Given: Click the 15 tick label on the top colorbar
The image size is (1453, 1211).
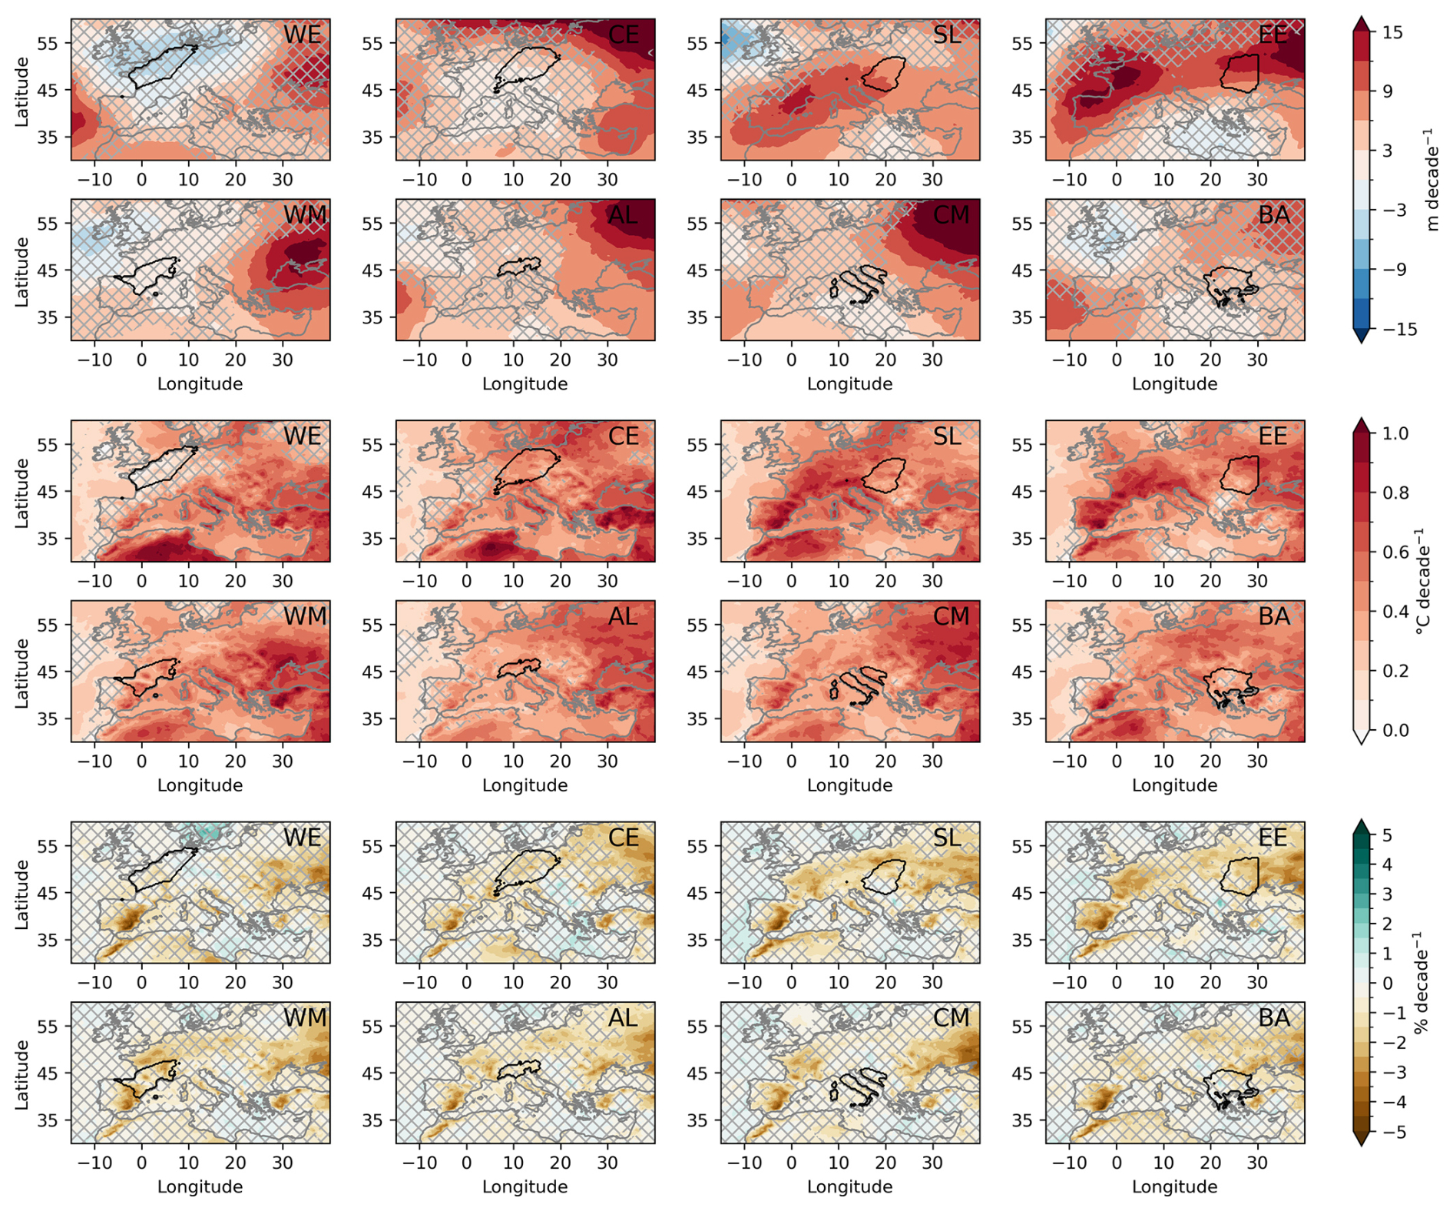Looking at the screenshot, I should tap(1392, 33).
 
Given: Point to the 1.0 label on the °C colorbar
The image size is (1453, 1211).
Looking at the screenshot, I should tap(1395, 434).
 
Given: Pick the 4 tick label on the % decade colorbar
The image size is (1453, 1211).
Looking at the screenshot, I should tap(1387, 865).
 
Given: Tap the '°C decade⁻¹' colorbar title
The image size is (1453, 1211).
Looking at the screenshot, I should tap(1422, 582).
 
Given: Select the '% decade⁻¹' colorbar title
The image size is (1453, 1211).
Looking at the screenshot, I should tap(1422, 984).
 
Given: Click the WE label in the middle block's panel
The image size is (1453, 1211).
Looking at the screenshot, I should tap(302, 436).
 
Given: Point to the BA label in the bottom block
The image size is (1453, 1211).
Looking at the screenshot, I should tap(1274, 1018).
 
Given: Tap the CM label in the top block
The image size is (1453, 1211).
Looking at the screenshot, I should tap(951, 215).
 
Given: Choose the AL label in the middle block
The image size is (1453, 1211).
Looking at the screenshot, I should tap(623, 617).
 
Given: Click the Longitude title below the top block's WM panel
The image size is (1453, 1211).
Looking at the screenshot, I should tap(200, 384).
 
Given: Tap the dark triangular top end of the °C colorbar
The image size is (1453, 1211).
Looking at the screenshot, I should tap(1361, 425).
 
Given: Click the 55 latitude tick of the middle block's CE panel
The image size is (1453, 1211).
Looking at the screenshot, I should tap(372, 446).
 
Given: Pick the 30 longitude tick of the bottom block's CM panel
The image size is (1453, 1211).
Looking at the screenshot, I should tap(932, 1163).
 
